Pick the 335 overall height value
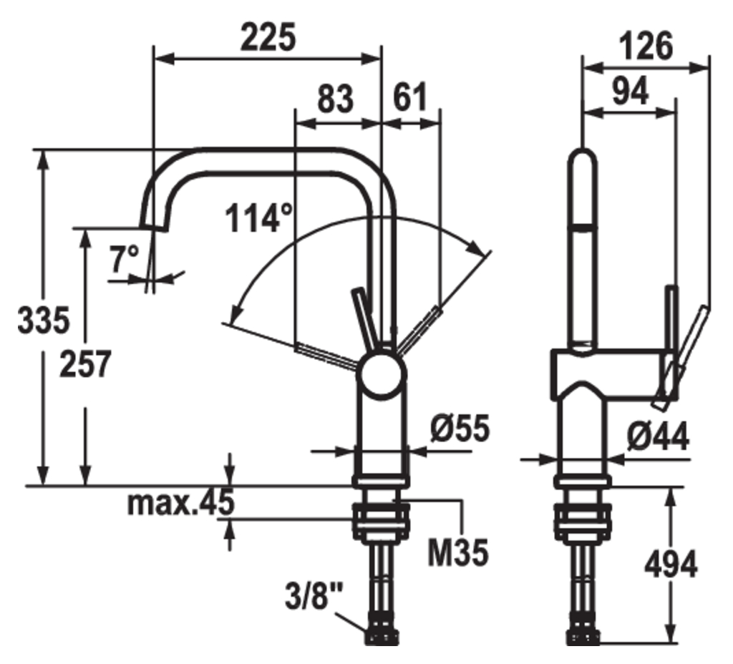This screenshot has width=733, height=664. [x=44, y=320]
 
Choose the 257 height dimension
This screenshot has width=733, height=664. [x=85, y=364]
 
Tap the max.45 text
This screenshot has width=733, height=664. [x=180, y=504]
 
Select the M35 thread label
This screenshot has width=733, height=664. [x=458, y=552]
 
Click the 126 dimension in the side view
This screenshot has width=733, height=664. [x=646, y=47]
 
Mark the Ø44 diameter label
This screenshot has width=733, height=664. [x=659, y=436]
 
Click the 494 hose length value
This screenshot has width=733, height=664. [x=670, y=566]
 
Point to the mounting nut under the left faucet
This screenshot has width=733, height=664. [x=381, y=522]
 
